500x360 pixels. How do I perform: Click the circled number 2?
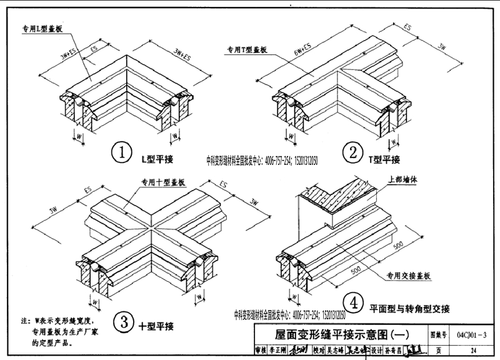click(353, 152)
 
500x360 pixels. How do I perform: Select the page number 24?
click(473, 350)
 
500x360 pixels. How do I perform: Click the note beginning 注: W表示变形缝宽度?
click(56, 332)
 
